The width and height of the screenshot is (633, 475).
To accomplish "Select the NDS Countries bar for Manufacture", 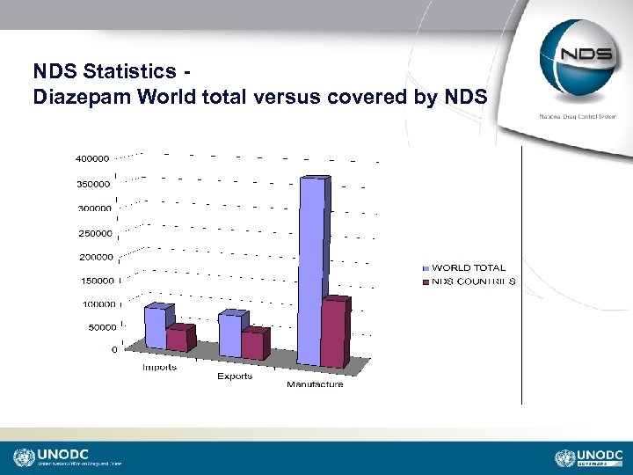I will tap(334, 334).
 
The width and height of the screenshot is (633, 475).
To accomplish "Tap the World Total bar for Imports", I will tap(156, 327).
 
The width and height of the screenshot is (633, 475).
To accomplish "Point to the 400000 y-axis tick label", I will tap(91, 159).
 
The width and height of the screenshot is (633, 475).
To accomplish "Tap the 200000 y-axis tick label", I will tap(97, 258).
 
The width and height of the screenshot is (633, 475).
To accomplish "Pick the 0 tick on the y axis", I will tap(114, 349).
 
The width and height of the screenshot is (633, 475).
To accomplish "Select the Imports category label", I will tap(159, 367).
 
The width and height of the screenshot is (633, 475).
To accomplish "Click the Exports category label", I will tap(235, 376).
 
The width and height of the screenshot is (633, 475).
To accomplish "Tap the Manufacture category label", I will tap(315, 384).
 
